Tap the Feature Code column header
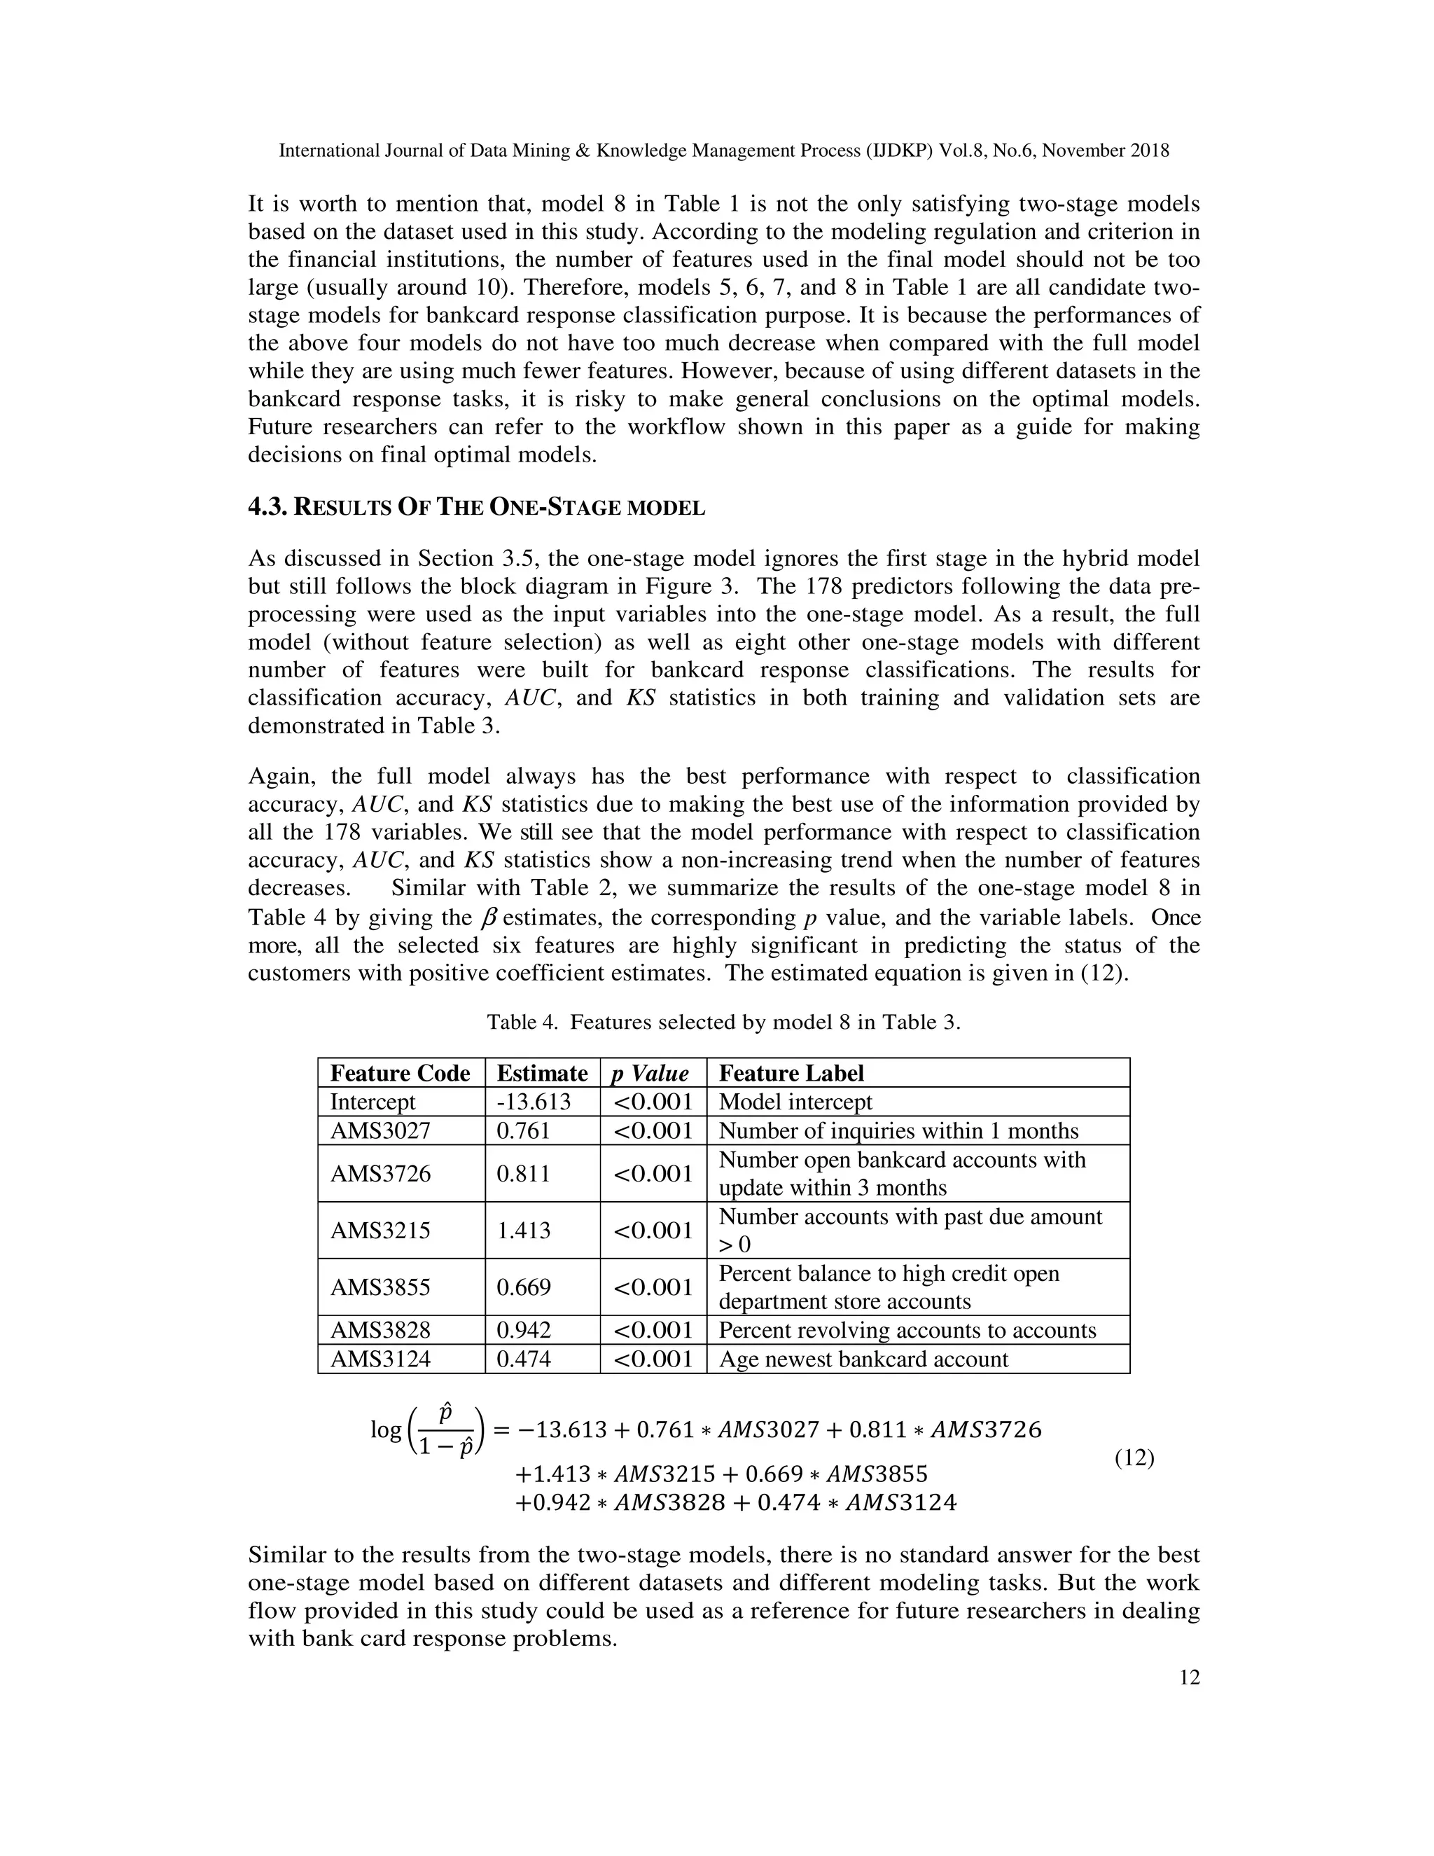(400, 1073)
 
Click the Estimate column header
(542, 1073)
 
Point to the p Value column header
(650, 1073)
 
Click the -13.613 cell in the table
(534, 1102)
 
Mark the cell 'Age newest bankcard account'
(863, 1359)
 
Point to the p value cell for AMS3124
(653, 1359)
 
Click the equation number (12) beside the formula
(1134, 1458)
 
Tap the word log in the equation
(386, 1429)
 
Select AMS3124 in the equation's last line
(901, 1503)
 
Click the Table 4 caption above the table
(723, 1023)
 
